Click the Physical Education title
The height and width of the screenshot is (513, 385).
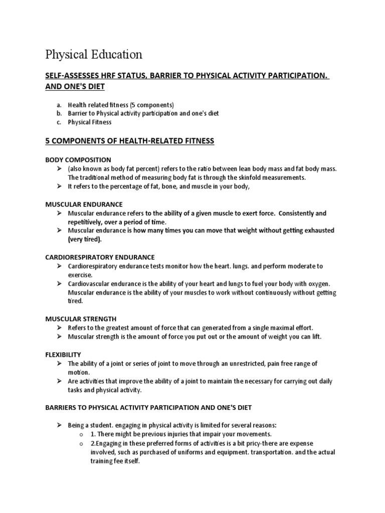click(94, 54)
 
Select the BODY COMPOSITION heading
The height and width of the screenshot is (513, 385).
click(78, 160)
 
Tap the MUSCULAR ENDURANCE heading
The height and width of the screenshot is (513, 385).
click(84, 204)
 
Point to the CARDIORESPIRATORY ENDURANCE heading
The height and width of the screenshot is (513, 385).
click(100, 257)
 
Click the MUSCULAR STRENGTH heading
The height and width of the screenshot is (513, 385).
click(81, 319)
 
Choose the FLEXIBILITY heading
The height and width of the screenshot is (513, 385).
click(63, 354)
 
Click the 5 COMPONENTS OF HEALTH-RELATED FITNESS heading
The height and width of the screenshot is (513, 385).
click(130, 141)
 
